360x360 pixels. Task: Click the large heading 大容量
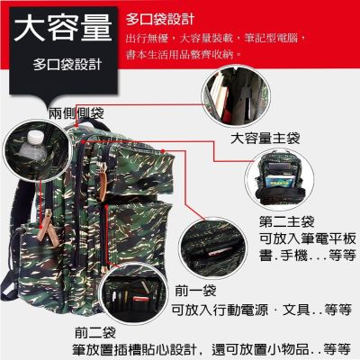pos(63,28)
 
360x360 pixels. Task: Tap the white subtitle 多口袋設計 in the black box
pos(67,65)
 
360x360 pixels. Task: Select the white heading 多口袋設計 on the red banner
pos(160,19)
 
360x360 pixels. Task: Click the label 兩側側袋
pos(76,113)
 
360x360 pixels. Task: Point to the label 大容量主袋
pos(265,139)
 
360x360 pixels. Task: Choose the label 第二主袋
pos(286,222)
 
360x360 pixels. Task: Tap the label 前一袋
pos(195,291)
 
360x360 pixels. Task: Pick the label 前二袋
pos(95,332)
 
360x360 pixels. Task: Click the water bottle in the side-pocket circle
pos(32,146)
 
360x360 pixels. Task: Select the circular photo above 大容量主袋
pos(236,96)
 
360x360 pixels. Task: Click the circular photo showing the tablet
pos(279,179)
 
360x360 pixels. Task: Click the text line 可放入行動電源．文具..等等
pos(261,310)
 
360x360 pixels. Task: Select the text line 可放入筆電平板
pos(308,238)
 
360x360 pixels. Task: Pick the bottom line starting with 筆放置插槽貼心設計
pos(211,349)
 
